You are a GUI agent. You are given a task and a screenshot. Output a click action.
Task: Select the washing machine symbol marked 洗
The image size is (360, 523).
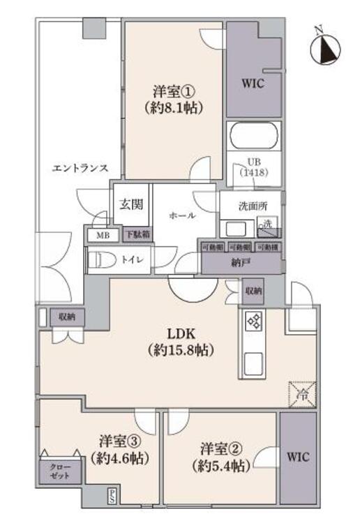[x=266, y=225]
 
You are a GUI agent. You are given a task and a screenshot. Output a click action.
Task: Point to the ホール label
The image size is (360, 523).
[x=182, y=216]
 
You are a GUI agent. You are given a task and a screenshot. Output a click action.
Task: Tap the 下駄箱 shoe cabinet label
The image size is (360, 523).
[x=137, y=236]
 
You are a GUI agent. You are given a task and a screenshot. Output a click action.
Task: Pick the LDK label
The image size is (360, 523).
[x=181, y=334]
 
